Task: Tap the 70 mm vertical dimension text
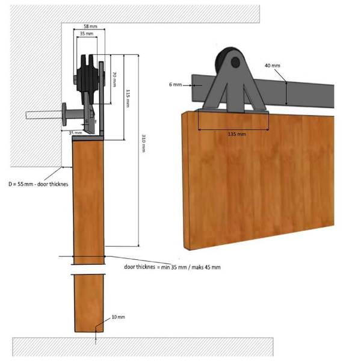(x=114, y=79)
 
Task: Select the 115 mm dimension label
(x=128, y=98)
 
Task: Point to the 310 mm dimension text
(x=143, y=143)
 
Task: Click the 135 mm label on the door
(x=237, y=134)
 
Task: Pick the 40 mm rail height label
(x=273, y=66)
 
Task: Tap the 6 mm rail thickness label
(x=176, y=84)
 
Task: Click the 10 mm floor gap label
(x=119, y=317)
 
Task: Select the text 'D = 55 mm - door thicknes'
(x=39, y=184)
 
